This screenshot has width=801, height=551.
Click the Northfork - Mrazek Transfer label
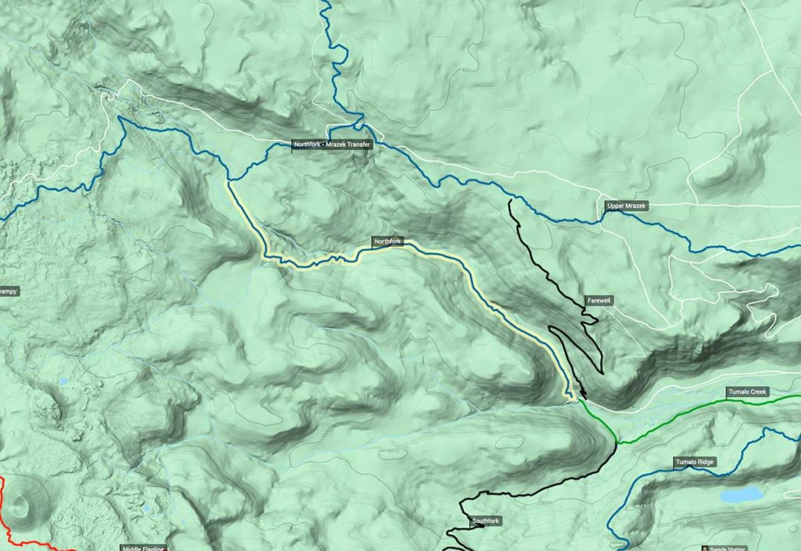pyautogui.click(x=332, y=145)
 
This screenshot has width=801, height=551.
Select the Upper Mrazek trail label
pyautogui.click(x=627, y=206)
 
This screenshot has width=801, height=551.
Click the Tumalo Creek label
pyautogui.click(x=749, y=391)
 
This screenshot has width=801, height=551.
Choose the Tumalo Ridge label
pyautogui.click(x=695, y=463)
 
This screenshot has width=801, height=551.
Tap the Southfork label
pyautogui.click(x=485, y=521)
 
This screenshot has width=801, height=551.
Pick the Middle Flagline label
pyautogui.click(x=145, y=548)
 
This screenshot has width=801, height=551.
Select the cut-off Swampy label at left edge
pyautogui.click(x=8, y=292)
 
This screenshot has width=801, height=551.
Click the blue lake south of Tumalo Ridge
pyautogui.click(x=741, y=495)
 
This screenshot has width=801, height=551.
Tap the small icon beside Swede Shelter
pyautogui.click(x=706, y=548)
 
